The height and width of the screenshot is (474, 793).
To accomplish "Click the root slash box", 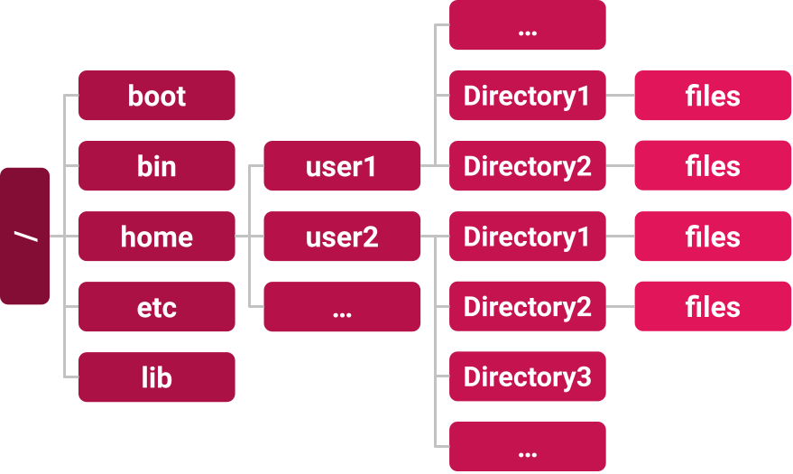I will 25,236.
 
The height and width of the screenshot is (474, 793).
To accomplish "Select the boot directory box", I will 157,96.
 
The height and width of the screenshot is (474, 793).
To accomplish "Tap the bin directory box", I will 157,166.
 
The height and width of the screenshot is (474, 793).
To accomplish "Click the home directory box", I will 157,237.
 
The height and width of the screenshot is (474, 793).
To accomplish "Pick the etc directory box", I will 157,307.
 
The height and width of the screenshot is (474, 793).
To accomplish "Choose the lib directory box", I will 157,377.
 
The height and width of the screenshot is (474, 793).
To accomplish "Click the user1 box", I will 342,166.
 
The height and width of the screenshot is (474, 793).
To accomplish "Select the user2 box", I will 342,237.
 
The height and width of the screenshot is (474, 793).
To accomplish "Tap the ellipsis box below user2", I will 342,307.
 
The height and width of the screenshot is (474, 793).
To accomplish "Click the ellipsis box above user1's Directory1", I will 528,25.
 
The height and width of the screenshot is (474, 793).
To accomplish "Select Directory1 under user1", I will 528,96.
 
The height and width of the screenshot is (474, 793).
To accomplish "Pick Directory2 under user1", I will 528,166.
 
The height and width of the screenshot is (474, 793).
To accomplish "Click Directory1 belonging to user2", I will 528,237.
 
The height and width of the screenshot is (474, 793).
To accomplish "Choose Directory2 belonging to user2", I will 528,307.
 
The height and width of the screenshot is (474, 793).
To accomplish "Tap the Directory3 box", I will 528,377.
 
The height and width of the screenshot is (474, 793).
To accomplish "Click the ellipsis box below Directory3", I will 528,447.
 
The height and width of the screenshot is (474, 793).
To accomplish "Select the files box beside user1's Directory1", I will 713,96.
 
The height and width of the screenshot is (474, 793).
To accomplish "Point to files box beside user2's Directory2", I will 713,307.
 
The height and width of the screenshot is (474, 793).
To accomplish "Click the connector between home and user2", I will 249,237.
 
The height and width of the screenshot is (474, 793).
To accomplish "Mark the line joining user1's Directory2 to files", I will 620,166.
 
